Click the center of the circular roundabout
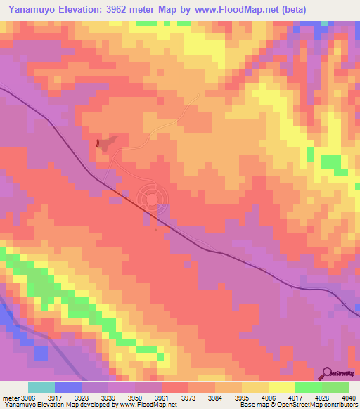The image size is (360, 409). (151, 197)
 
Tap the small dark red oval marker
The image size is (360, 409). (98, 143)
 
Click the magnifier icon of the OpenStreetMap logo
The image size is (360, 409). (328, 374)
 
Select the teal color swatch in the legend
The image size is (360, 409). (41, 387)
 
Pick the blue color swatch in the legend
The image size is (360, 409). (68, 387)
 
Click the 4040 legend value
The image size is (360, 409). (349, 398)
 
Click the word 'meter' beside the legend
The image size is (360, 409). (8, 398)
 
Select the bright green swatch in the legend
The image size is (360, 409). (309, 387)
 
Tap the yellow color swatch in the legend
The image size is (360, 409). (282, 387)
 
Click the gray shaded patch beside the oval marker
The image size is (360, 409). (108, 143)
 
